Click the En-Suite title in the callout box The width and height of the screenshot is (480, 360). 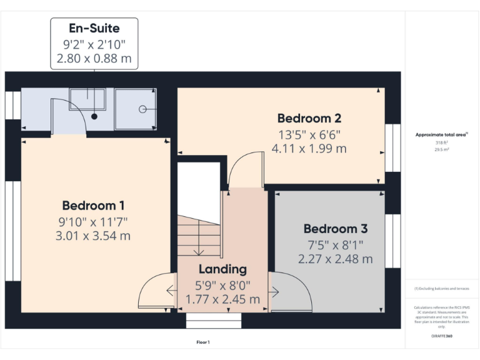(x=94, y=28)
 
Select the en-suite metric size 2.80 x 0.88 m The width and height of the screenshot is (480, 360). (x=94, y=59)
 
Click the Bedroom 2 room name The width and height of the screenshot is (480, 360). (x=309, y=118)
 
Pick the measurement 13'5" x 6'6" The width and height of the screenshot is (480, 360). (x=309, y=134)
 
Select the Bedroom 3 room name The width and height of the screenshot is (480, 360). (x=335, y=229)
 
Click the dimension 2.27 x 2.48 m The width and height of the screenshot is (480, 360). (x=335, y=259)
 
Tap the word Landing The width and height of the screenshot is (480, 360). (x=222, y=269)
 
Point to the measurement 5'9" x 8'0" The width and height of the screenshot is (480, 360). (x=222, y=285)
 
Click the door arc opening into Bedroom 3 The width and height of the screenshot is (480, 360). (x=291, y=292)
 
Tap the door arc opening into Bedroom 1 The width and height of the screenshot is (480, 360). (x=155, y=292)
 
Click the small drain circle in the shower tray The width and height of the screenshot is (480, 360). (x=142, y=109)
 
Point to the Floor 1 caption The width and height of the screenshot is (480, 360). (x=203, y=342)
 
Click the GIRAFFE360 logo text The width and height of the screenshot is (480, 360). (x=441, y=336)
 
